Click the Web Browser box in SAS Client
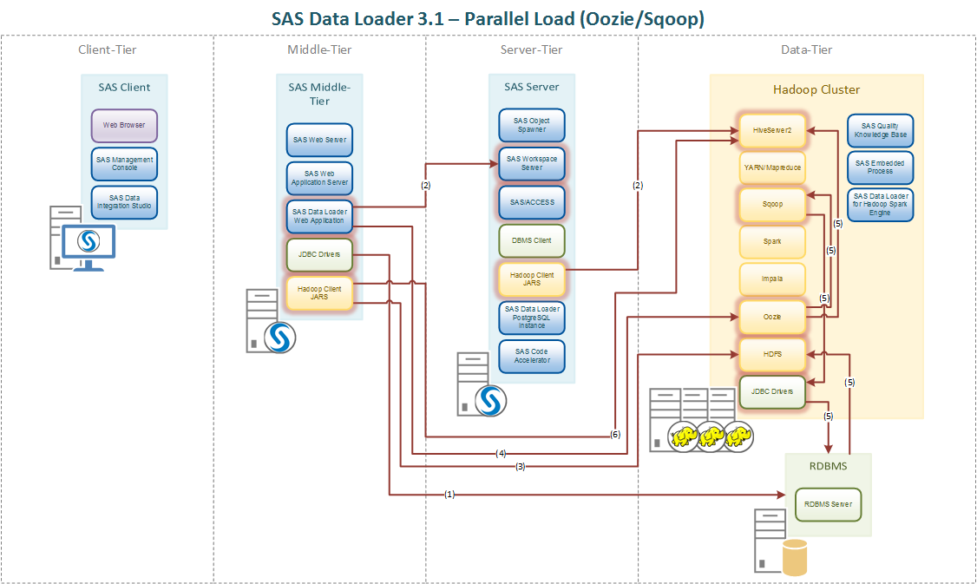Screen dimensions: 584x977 [124, 125]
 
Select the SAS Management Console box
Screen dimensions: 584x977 [124, 163]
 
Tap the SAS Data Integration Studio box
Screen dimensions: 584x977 [124, 202]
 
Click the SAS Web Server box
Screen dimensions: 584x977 [319, 140]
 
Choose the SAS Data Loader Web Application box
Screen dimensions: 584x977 [319, 216]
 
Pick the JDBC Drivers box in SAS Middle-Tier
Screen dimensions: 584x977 [319, 254]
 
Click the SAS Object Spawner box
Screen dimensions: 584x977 [531, 125]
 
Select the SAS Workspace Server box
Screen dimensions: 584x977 [531, 163]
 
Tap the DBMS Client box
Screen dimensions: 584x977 [531, 240]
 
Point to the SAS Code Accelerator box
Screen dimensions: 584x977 [531, 356]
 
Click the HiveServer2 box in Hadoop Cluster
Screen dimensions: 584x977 [771, 129]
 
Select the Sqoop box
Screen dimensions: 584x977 [771, 205]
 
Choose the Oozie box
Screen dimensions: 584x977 [771, 317]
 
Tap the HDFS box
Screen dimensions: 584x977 [771, 354]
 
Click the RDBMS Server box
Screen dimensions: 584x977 [828, 503]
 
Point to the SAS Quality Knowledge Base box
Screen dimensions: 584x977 [879, 130]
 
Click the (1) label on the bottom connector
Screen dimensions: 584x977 [449, 495]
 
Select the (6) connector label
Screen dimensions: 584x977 [615, 434]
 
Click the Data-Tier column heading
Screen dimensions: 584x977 [806, 49]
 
